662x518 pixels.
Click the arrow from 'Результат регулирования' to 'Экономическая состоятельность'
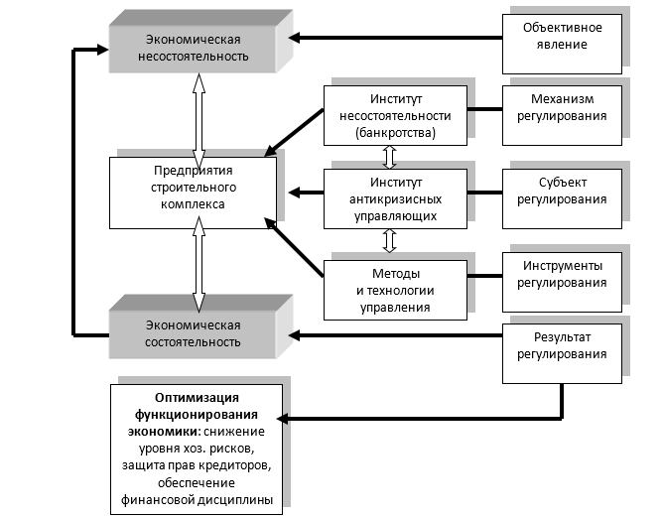pyautogui.click(x=397, y=334)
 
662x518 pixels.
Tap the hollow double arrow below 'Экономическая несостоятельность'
pyautogui.click(x=198, y=112)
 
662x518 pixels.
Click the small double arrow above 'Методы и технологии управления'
pyautogui.click(x=390, y=239)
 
